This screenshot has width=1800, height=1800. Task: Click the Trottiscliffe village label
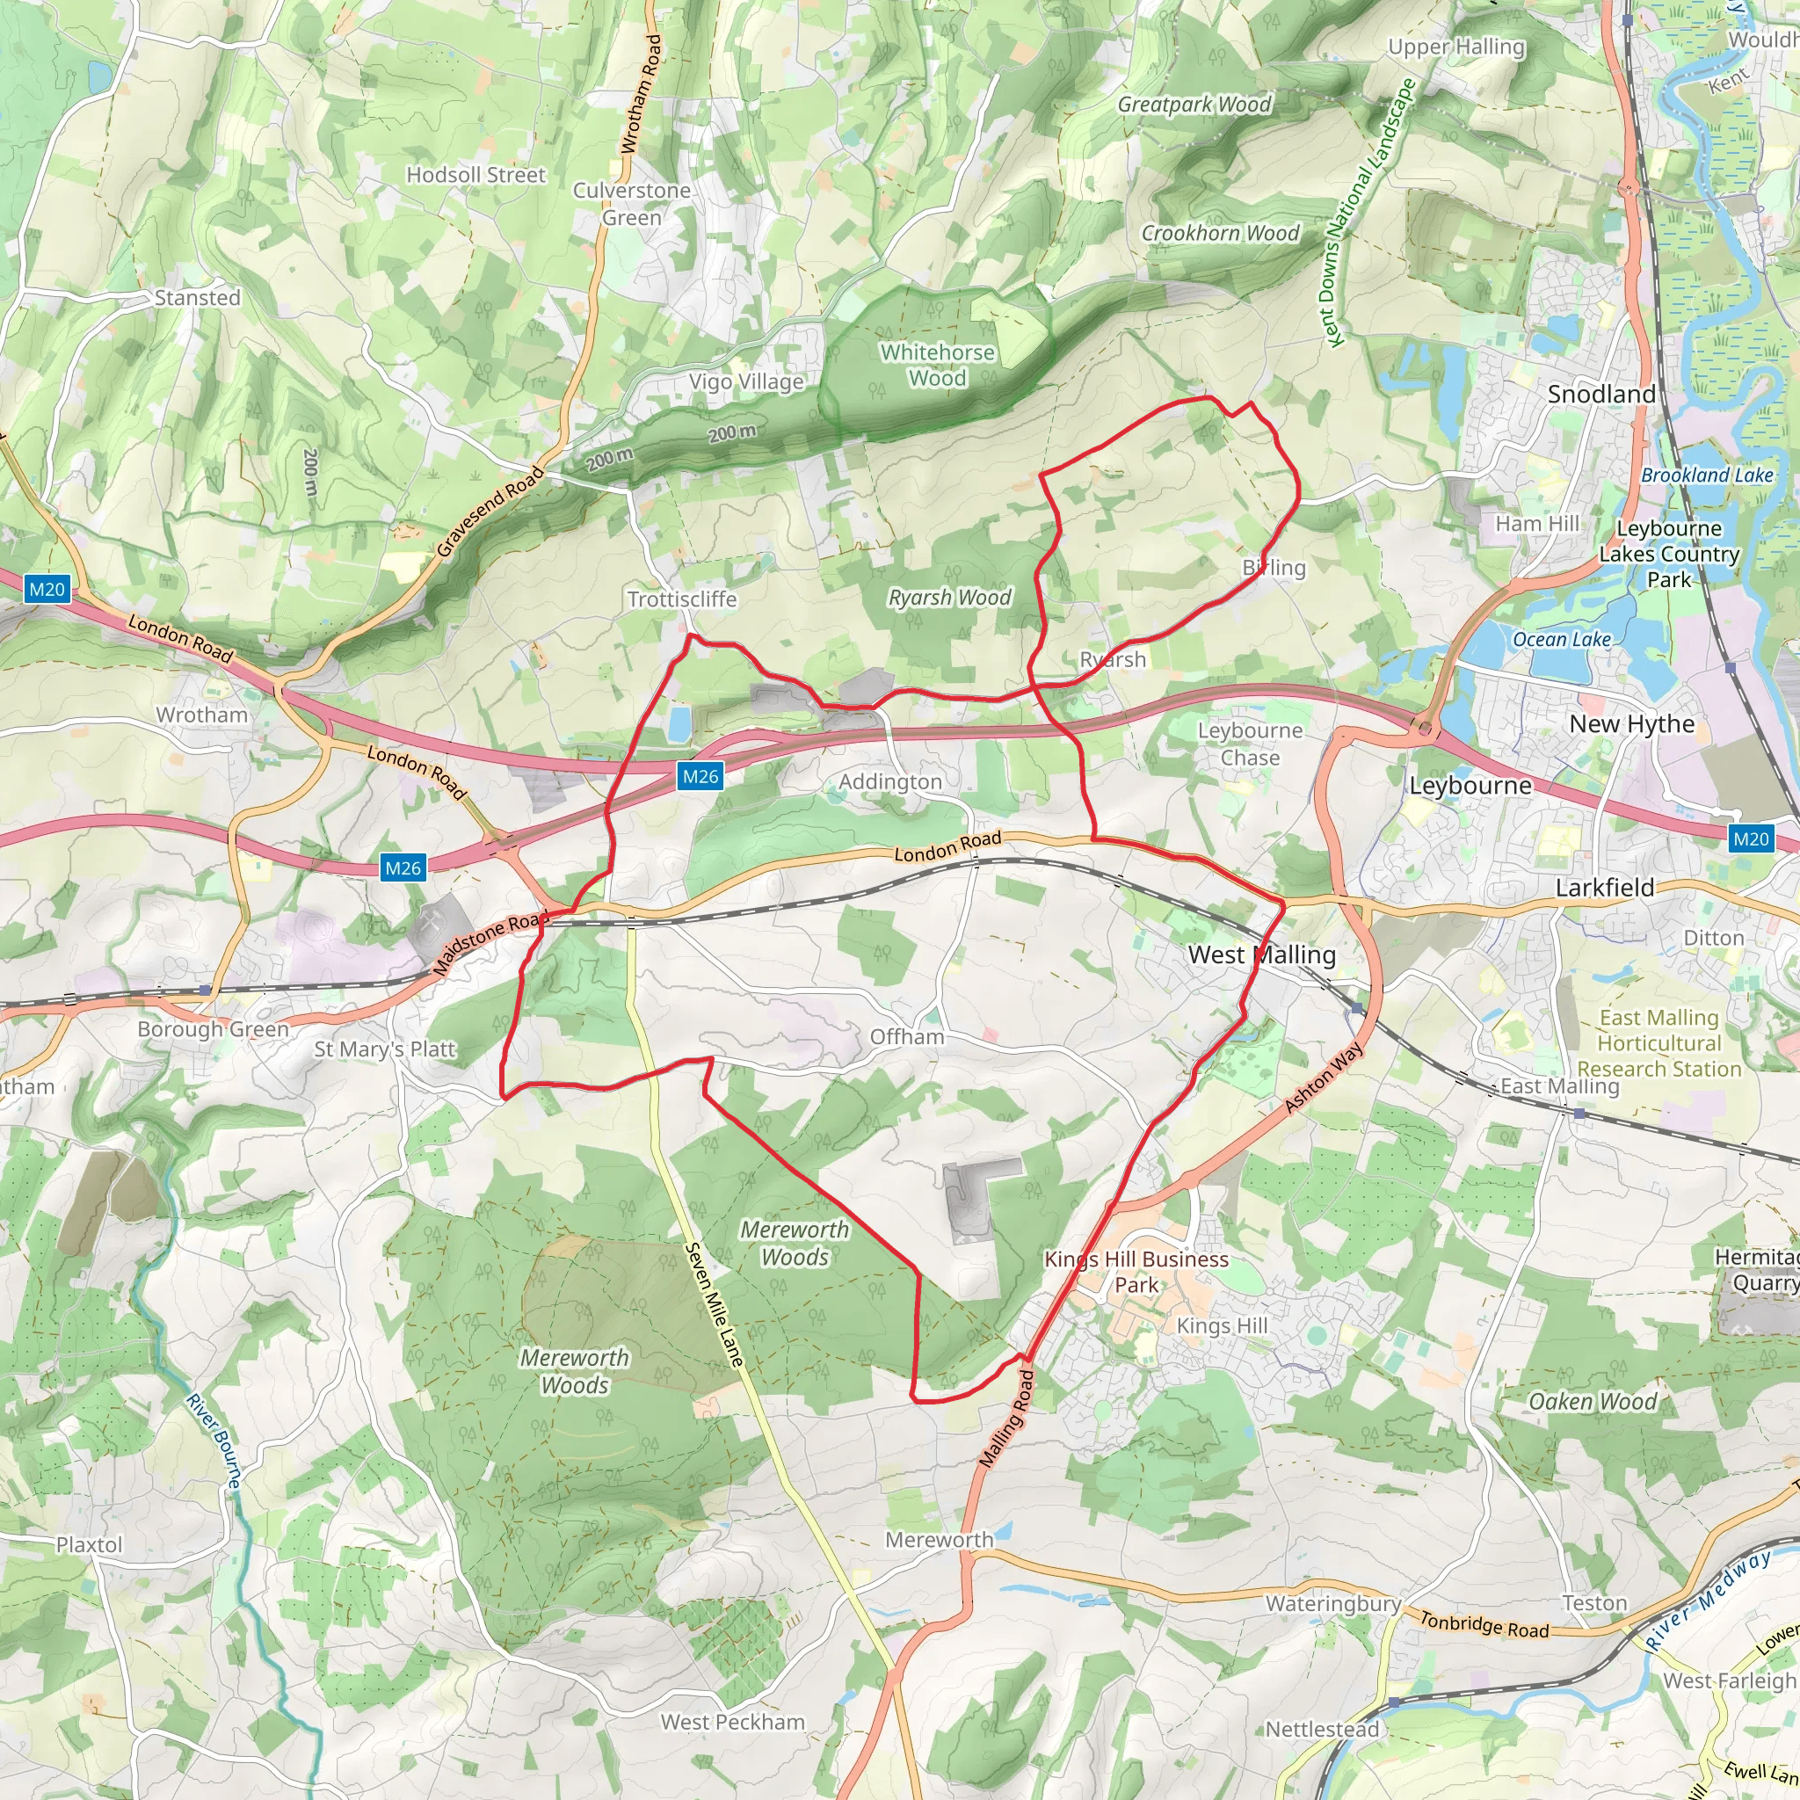(x=682, y=599)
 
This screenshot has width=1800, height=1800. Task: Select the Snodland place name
(x=1600, y=394)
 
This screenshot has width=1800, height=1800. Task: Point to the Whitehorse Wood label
(x=937, y=366)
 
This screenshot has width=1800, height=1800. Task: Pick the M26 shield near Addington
(x=700, y=776)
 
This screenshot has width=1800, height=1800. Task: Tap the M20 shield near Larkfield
(x=1750, y=838)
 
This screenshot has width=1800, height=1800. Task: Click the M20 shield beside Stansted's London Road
(x=47, y=589)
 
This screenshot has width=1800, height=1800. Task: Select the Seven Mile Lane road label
(x=715, y=1304)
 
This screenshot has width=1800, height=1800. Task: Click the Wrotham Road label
(x=642, y=94)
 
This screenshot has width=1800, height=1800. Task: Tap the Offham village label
(x=906, y=1037)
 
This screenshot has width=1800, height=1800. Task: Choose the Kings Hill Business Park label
(x=1136, y=1272)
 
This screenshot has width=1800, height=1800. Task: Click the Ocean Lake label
(x=1562, y=639)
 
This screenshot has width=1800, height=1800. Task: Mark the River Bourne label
(x=214, y=1441)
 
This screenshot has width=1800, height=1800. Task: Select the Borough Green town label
(x=214, y=1028)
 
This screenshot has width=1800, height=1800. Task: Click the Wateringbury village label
(x=1332, y=1603)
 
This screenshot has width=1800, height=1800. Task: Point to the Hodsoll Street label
(x=476, y=175)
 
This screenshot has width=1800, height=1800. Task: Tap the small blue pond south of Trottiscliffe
(x=680, y=723)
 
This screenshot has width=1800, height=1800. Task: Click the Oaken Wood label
(x=1593, y=1401)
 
